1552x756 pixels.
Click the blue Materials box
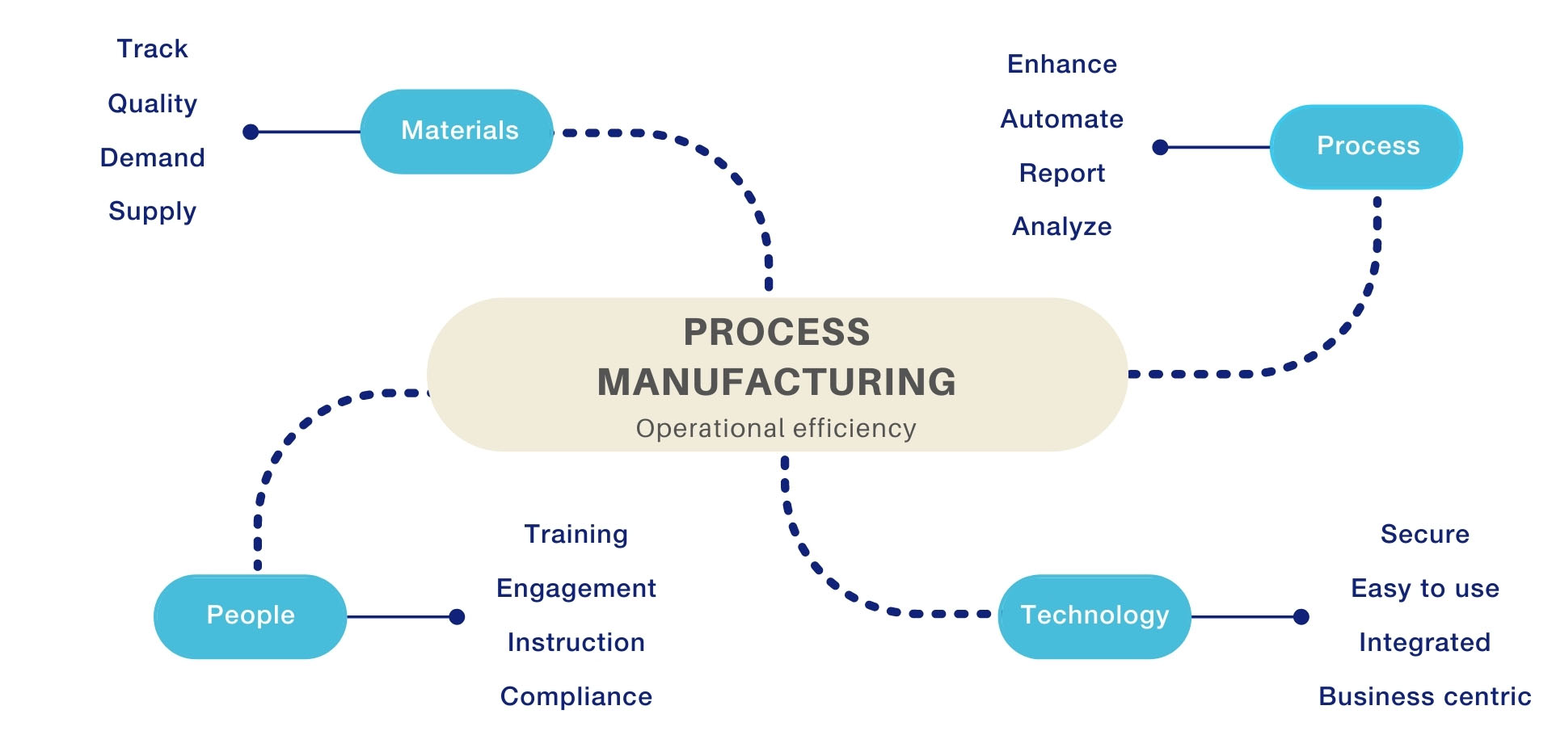[457, 132]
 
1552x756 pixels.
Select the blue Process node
[1367, 147]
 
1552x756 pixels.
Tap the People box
[251, 616]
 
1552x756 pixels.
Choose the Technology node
[1095, 616]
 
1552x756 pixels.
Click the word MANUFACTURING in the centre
[777, 382]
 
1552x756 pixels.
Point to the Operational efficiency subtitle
[776, 428]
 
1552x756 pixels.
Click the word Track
[152, 48]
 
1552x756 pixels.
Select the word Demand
[152, 157]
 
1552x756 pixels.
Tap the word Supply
[152, 212]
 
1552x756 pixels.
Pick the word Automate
[1062, 119]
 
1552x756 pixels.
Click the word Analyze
[1062, 227]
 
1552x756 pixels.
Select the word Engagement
[576, 589]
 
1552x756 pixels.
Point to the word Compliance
[576, 696]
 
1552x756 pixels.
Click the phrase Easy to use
[1425, 589]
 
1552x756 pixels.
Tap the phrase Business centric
[1425, 696]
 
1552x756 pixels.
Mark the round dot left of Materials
[251, 132]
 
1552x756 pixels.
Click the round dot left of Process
[1160, 147]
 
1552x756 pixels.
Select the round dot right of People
[457, 617]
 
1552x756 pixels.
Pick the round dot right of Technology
[1301, 617]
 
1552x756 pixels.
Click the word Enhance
[1062, 64]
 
